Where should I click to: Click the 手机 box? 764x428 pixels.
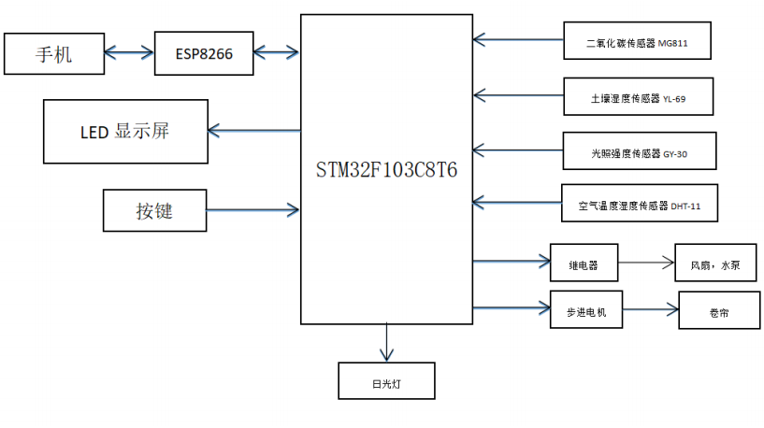point(53,54)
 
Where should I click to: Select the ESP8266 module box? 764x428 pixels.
point(203,54)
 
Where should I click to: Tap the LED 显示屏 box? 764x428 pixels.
point(125,130)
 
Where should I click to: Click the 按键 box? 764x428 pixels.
point(153,210)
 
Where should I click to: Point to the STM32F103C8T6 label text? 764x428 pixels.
point(386,173)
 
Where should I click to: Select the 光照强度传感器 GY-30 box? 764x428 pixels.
point(641,151)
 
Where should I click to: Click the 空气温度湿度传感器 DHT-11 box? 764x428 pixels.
point(641,204)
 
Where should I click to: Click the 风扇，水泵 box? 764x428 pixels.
point(714,264)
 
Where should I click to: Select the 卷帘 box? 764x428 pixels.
point(719,311)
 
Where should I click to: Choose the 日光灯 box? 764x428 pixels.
point(385,382)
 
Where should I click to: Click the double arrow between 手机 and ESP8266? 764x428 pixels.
point(128,53)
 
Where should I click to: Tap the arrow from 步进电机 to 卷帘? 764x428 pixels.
point(651,308)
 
